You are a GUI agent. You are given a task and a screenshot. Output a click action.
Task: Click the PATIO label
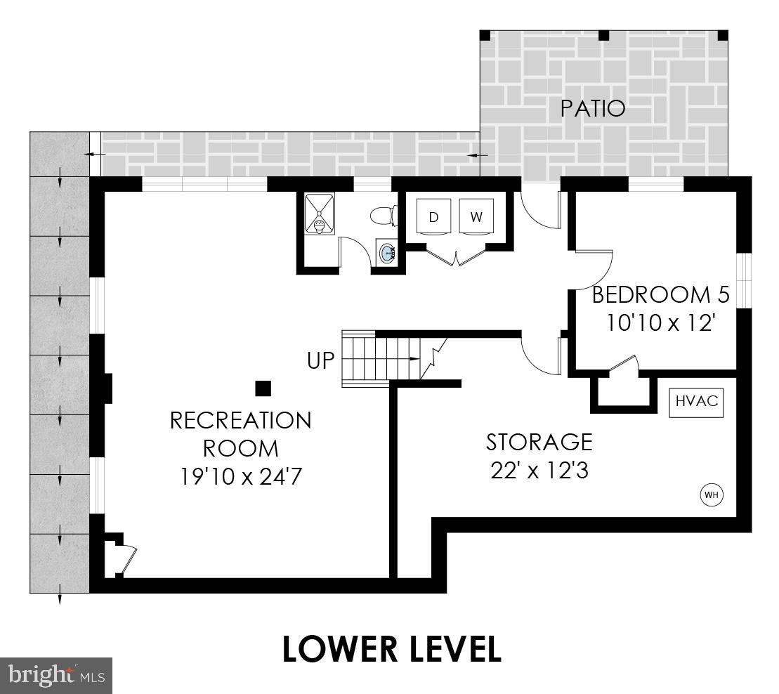(593, 109)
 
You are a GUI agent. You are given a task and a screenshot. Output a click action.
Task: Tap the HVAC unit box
(696, 401)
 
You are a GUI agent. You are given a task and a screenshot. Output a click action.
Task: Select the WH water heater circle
(712, 495)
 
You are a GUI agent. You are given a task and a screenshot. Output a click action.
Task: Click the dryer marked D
(433, 217)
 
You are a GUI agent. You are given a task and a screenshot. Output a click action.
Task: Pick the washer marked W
(476, 217)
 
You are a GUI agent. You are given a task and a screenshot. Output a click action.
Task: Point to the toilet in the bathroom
(384, 215)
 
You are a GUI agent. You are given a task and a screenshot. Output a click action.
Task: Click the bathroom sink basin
(386, 252)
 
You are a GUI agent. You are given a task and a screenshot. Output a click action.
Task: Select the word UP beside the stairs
(321, 362)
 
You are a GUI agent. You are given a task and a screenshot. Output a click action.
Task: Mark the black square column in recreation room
(263, 388)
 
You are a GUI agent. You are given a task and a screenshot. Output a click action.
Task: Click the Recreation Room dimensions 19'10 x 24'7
(241, 477)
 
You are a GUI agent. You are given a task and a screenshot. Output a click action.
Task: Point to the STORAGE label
(539, 443)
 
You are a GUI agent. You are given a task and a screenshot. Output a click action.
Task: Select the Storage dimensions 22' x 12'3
(539, 470)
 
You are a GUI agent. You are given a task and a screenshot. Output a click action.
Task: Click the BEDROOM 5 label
(661, 294)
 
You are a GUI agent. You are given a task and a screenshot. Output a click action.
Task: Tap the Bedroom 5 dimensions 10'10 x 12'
(661, 322)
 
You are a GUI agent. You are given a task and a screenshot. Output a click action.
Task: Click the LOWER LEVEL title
(391, 649)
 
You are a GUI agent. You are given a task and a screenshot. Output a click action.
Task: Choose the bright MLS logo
(56, 676)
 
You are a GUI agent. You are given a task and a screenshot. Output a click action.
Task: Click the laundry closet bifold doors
(457, 257)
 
